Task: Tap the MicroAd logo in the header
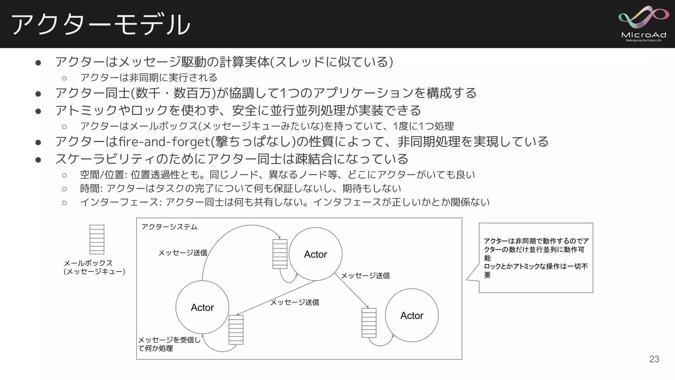pyautogui.click(x=643, y=24)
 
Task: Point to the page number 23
pyautogui.click(x=654, y=359)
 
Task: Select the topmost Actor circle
pyautogui.click(x=315, y=254)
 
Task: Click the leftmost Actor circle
pyautogui.click(x=202, y=307)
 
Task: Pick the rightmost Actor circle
pyautogui.click(x=412, y=315)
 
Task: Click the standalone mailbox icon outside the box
pyautogui.click(x=97, y=239)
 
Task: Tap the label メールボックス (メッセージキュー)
pyautogui.click(x=94, y=267)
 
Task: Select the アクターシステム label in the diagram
pyautogui.click(x=169, y=227)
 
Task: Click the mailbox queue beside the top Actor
pyautogui.click(x=280, y=254)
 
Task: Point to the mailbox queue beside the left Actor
pyautogui.click(x=236, y=330)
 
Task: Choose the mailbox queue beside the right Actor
pyautogui.click(x=369, y=323)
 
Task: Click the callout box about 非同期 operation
pyautogui.click(x=535, y=258)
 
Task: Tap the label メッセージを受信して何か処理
pyautogui.click(x=169, y=344)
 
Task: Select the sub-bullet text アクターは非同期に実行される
pyautogui.click(x=148, y=77)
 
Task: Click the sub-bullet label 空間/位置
pyautogui.click(x=102, y=175)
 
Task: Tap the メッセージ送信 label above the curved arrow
pyautogui.click(x=182, y=253)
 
